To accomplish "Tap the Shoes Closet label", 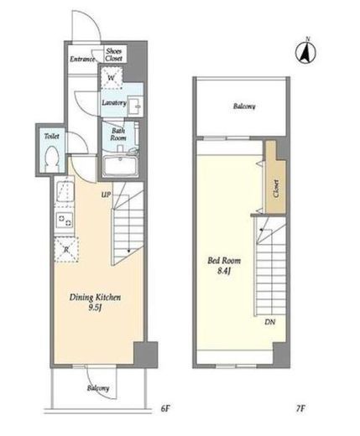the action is click(114, 54).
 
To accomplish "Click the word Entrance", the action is click(82, 60).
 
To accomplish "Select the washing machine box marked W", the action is click(112, 78).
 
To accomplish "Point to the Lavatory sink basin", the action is click(135, 106).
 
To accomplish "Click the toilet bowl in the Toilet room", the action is click(52, 159).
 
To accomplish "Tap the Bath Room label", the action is click(118, 134).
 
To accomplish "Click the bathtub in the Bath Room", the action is click(121, 166).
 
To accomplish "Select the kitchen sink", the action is click(65, 193).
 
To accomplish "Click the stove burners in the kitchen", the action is click(65, 221).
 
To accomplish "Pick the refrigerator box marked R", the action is click(66, 249).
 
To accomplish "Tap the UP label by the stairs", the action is click(106, 195).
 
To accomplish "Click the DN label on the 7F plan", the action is click(270, 322).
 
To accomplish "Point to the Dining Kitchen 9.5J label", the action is click(95, 302).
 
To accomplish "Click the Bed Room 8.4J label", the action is click(224, 266).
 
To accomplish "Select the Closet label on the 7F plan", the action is click(276, 189).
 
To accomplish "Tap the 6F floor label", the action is click(165, 408).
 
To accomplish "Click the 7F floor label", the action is click(300, 408).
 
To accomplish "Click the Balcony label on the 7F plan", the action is click(244, 106).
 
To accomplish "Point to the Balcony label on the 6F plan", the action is click(98, 388).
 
